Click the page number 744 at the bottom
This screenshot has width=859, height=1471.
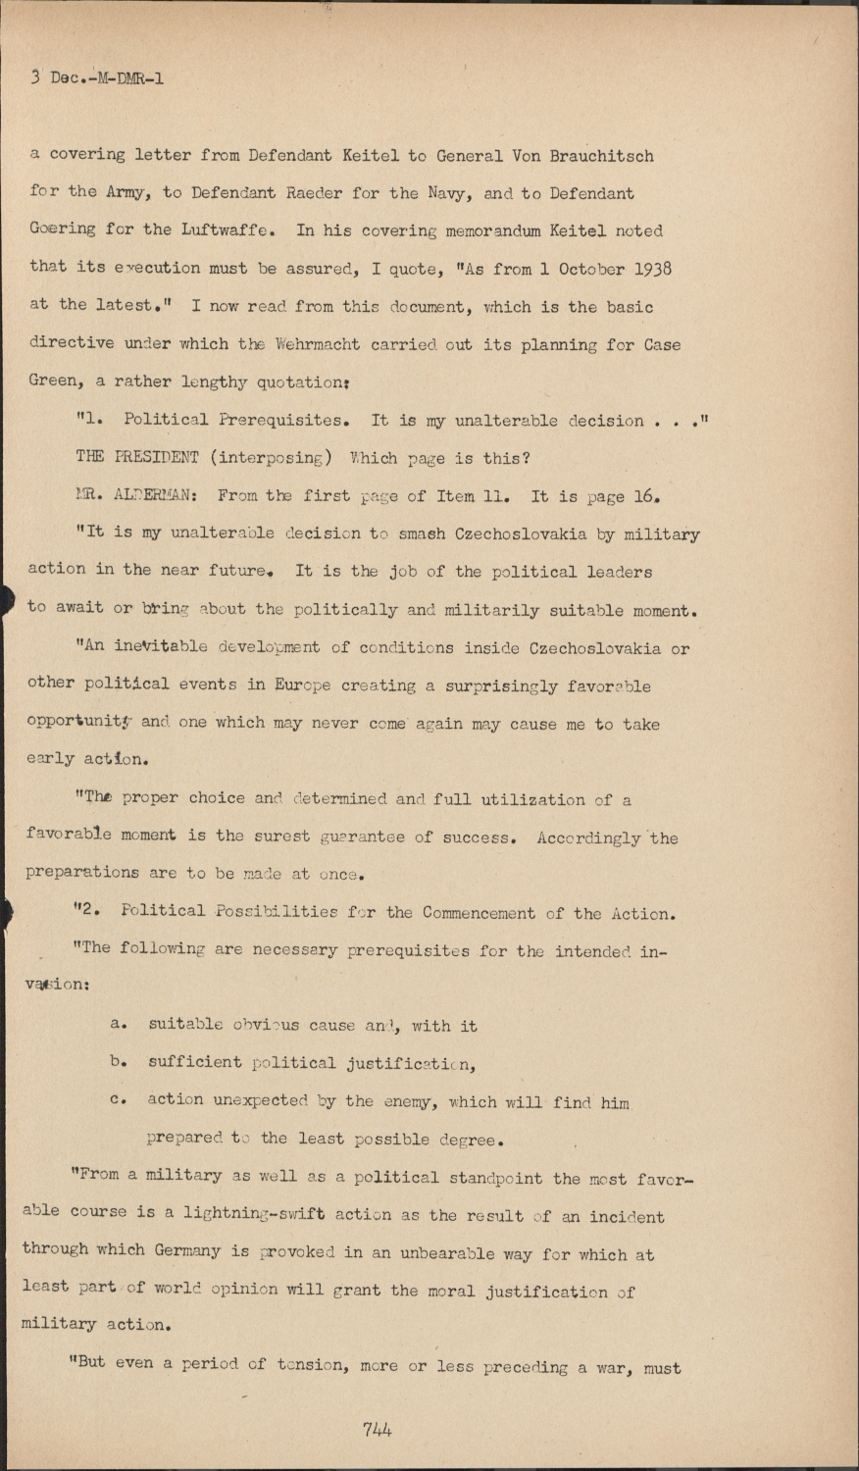pos(377,1429)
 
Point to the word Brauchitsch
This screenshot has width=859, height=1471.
pos(599,155)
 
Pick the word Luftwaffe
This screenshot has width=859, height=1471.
pos(227,230)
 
